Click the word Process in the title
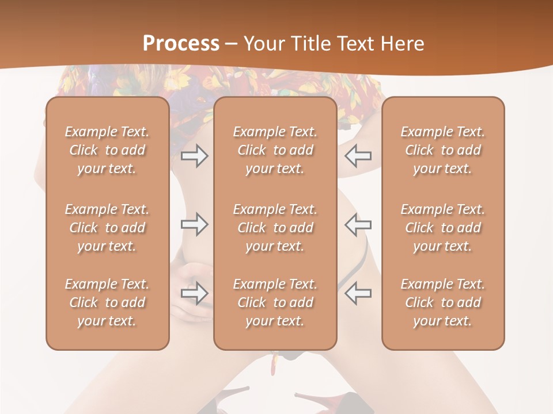tap(181, 44)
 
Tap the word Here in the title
tap(403, 44)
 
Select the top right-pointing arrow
tap(195, 155)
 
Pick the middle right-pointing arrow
tap(195, 224)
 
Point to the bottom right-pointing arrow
tap(195, 293)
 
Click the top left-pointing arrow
tap(358, 155)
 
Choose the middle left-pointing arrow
tap(358, 224)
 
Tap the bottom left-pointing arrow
tap(358, 293)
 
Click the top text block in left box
tap(107, 150)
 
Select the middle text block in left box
tap(107, 228)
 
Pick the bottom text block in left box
tap(107, 302)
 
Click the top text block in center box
tap(275, 150)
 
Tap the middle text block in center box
tap(275, 228)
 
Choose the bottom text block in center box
tap(275, 302)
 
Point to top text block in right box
tap(443, 150)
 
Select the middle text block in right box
tap(443, 228)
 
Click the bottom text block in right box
tap(443, 302)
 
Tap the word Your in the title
tap(262, 44)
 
